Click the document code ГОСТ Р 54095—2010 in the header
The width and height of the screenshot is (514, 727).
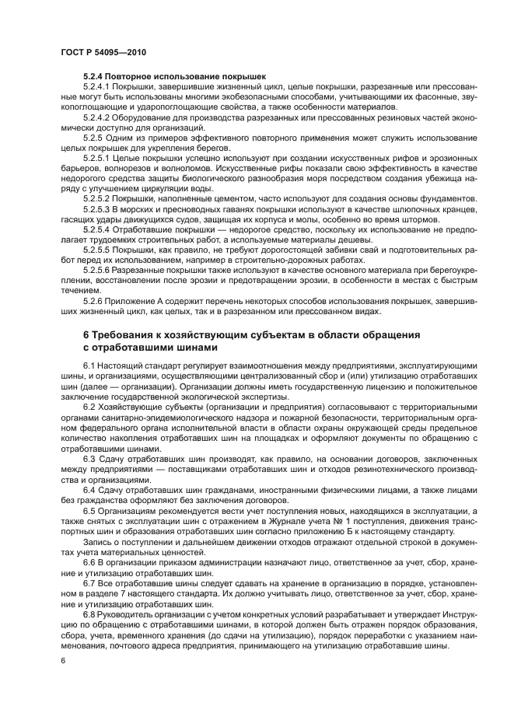click(103, 51)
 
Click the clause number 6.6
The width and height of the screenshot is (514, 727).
click(89, 561)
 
